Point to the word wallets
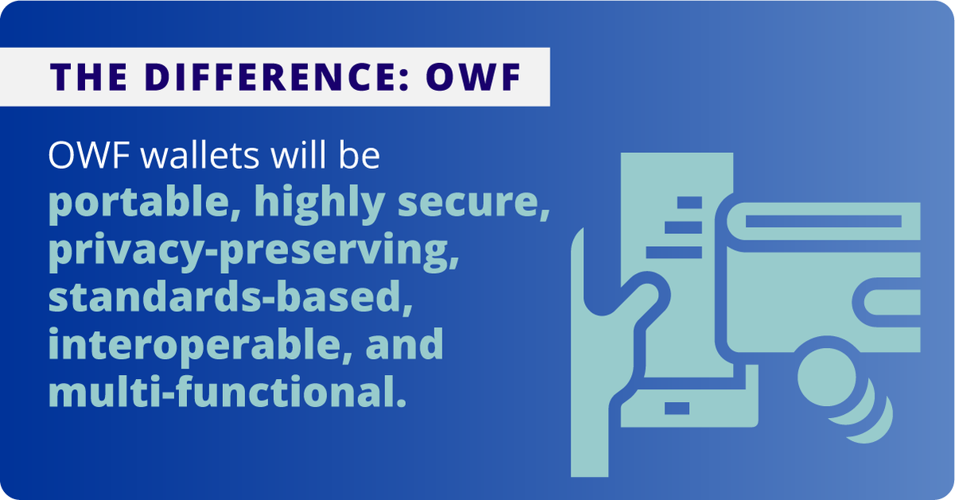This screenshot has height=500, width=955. (x=188, y=157)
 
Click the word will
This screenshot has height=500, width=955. (x=286, y=157)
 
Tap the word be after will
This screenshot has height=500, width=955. (x=355, y=157)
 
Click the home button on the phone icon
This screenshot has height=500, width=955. (x=677, y=408)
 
